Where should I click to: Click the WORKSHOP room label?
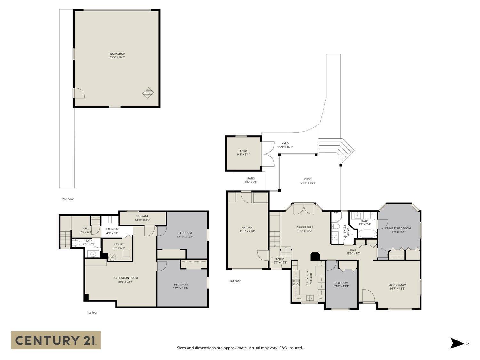(117, 55)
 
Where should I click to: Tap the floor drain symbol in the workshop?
(148, 93)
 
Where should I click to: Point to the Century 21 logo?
(56, 340)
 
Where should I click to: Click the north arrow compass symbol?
(457, 343)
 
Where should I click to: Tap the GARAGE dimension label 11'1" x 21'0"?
(247, 231)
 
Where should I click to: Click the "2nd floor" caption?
(68, 199)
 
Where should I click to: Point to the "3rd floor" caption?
(235, 281)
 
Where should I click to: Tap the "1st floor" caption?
(92, 312)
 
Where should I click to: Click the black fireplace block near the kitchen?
(315, 257)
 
